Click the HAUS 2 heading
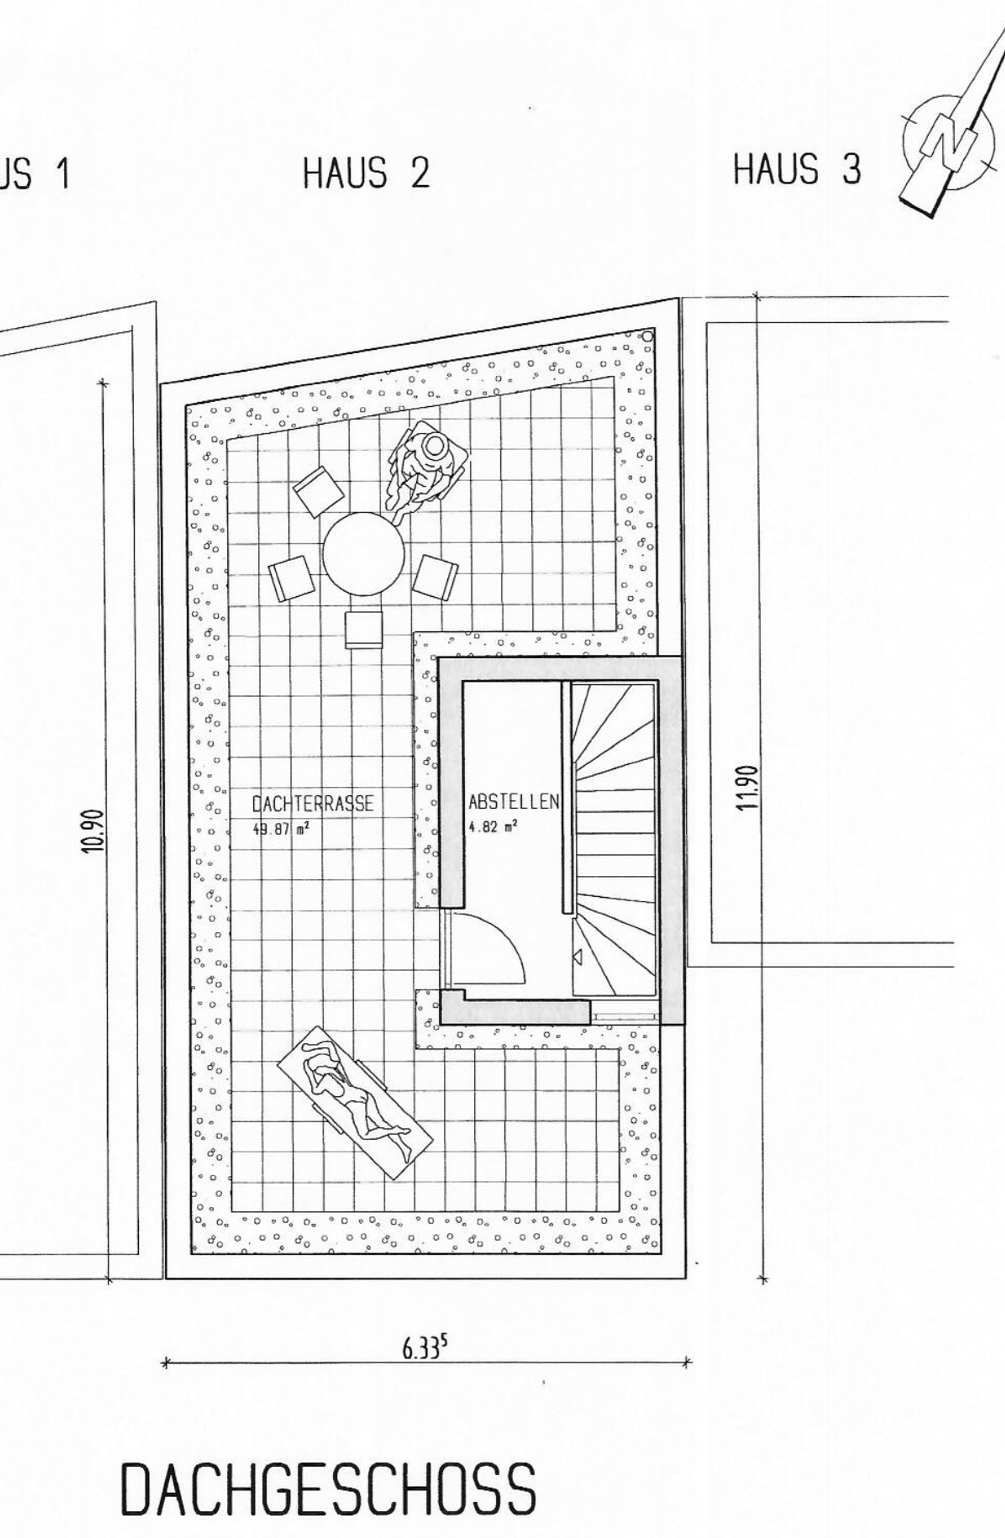[x=366, y=173]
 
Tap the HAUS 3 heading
[x=797, y=169]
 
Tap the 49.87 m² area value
[x=281, y=829]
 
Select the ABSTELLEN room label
[x=514, y=803]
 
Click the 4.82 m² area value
[x=493, y=827]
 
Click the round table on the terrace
[x=364, y=554]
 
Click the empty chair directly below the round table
[x=364, y=629]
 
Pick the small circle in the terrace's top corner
[x=647, y=336]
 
